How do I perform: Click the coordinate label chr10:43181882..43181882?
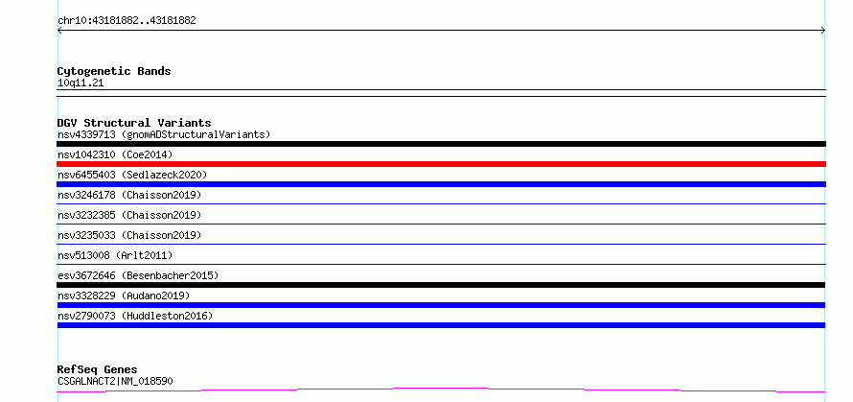tap(127, 21)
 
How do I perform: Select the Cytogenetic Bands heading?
tap(114, 71)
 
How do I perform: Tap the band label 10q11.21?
tap(81, 83)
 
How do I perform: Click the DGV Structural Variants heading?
tap(134, 123)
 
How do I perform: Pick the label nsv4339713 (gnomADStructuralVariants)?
tap(164, 134)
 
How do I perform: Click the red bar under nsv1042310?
tap(441, 164)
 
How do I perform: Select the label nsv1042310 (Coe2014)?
tap(115, 154)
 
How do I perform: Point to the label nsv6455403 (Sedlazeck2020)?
tap(132, 175)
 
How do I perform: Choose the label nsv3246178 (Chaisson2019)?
tap(129, 195)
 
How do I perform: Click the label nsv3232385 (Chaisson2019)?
tap(129, 215)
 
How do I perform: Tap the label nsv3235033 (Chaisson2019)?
tap(129, 235)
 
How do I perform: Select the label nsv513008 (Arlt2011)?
tap(115, 255)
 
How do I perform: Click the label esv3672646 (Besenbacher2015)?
tap(138, 275)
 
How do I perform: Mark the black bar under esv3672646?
tap(441, 285)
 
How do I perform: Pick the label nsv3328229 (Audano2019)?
tap(124, 296)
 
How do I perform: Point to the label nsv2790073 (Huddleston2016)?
tap(135, 316)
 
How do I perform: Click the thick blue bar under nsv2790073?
tap(441, 325)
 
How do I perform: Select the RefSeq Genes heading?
tap(98, 370)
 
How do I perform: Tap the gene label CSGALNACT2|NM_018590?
tap(115, 381)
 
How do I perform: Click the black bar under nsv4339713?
tap(441, 144)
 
